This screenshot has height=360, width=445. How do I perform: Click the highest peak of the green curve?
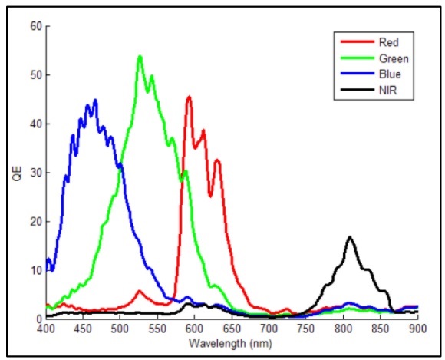(x=140, y=56)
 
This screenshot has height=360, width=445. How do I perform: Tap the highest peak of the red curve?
(x=189, y=97)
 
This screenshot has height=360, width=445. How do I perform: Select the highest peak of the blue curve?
(x=95, y=100)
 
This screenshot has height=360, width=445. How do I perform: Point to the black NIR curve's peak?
(x=350, y=237)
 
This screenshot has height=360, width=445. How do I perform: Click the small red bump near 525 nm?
(x=139, y=291)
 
